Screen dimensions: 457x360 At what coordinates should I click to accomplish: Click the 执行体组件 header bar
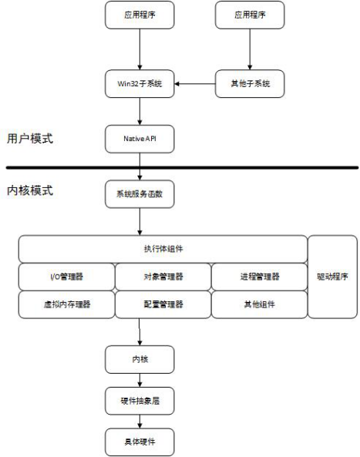coord(163,249)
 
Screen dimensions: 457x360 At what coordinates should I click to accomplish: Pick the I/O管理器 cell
coord(66,277)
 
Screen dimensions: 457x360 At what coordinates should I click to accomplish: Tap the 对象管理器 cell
coord(163,277)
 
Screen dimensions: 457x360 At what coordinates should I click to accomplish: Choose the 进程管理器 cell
coord(258,277)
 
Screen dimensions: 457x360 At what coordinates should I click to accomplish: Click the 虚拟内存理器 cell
coord(66,304)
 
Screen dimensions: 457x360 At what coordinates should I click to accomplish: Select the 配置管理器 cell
coord(163,304)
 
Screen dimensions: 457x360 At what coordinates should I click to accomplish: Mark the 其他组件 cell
coord(258,304)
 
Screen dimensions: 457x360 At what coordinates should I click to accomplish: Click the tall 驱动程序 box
coord(331,277)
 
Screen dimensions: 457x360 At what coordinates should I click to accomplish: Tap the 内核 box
coord(140,359)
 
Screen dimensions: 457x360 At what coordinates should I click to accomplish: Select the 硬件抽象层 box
coord(140,401)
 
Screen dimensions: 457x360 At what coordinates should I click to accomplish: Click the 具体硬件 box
coord(140,442)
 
